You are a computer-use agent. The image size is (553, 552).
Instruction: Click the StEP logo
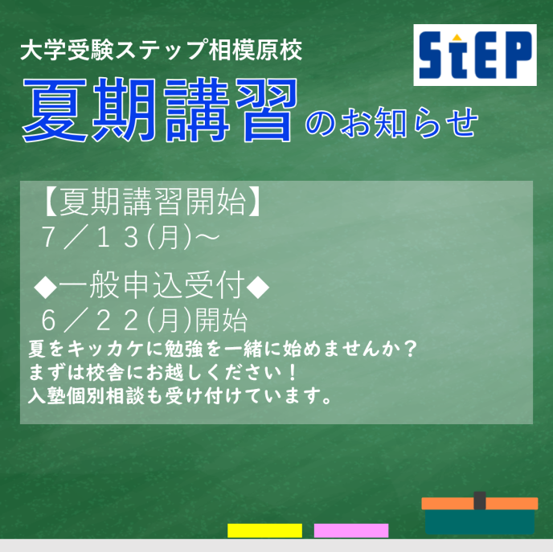pyautogui.click(x=475, y=55)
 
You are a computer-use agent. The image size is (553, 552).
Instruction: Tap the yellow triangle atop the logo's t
pyautogui.click(x=457, y=37)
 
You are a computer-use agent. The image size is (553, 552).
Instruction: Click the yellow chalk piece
pyautogui.click(x=264, y=530)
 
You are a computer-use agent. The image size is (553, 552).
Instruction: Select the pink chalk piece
pyautogui.click(x=351, y=530)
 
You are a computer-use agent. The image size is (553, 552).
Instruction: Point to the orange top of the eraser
pyautogui.click(x=480, y=503)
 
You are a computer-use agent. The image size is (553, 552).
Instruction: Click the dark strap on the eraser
pyautogui.click(x=480, y=501)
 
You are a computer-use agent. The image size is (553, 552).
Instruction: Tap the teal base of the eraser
pyautogui.click(x=480, y=521)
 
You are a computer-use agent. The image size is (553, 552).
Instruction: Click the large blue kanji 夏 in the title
pyautogui.click(x=55, y=110)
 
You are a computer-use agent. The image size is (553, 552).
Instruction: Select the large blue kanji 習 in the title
pyautogui.click(x=267, y=110)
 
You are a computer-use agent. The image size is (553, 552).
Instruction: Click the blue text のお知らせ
pyautogui.click(x=391, y=122)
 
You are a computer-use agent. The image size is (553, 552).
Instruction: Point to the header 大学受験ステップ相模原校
pyautogui.click(x=162, y=50)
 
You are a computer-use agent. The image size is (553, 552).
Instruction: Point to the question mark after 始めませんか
pyautogui.click(x=410, y=349)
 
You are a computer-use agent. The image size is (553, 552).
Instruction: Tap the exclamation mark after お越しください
pyautogui.click(x=292, y=373)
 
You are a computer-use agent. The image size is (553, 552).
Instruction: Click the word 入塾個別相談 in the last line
pyautogui.click(x=87, y=396)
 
